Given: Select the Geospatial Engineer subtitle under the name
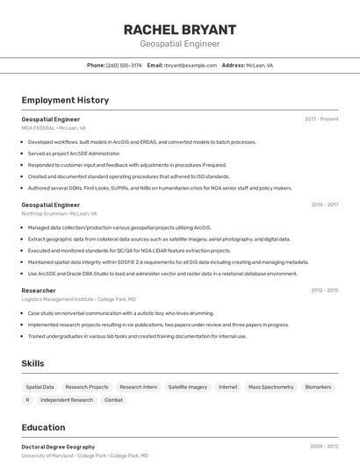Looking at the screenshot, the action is (179, 43).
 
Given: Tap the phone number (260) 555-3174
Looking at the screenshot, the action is (124, 65).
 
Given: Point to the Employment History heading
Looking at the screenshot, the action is (65, 100).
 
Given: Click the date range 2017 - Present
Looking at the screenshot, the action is (321, 118).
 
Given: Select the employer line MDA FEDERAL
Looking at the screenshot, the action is (54, 127).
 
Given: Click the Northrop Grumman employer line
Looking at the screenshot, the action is (59, 213).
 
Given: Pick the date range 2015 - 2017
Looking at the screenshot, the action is (324, 204).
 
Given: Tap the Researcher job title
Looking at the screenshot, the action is (39, 290).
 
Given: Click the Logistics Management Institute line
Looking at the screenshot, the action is (78, 299).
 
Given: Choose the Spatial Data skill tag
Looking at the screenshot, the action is (40, 387).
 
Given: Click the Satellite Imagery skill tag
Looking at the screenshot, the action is (188, 387).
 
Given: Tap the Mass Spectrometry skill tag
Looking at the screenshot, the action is (270, 387).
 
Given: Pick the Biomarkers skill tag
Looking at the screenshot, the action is (318, 387).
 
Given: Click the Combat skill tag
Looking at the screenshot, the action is (114, 400).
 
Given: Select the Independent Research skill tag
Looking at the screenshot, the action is (67, 400).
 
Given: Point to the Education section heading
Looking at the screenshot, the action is (43, 427).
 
